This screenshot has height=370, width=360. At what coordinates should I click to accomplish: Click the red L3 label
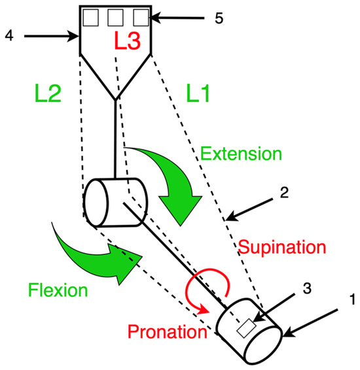click(x=128, y=41)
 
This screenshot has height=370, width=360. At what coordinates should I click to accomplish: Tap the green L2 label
click(x=48, y=93)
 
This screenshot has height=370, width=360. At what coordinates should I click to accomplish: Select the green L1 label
click(x=198, y=93)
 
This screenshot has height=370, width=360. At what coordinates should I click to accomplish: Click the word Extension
click(x=241, y=154)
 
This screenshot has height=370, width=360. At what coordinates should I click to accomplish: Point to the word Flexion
click(x=58, y=290)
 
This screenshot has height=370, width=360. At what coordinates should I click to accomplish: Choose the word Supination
click(x=282, y=247)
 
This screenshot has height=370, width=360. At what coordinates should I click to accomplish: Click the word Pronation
click(x=168, y=331)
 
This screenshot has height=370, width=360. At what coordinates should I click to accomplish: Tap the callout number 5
click(x=219, y=18)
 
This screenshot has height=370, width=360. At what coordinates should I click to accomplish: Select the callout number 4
click(x=9, y=36)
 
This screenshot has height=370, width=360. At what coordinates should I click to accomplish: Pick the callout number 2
click(x=285, y=192)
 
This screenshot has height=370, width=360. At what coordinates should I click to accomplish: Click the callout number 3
click(x=307, y=288)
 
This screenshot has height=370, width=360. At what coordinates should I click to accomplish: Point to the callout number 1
click(x=352, y=299)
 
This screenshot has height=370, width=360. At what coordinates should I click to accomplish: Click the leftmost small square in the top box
click(x=91, y=18)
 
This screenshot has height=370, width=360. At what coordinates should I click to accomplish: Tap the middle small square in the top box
click(x=115, y=18)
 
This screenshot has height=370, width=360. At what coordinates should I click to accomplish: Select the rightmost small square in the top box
click(x=141, y=18)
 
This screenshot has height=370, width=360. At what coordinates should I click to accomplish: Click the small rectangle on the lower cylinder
click(x=247, y=328)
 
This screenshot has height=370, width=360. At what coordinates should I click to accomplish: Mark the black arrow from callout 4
click(x=51, y=36)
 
